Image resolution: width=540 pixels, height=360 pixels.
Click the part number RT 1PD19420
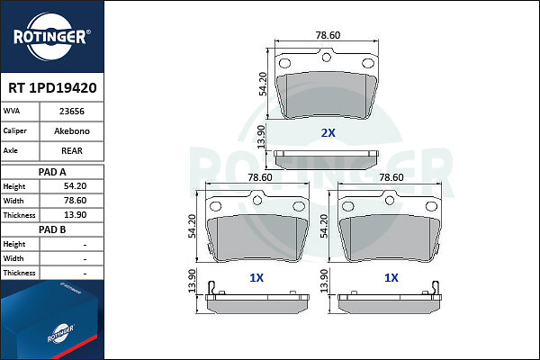coord(52,88)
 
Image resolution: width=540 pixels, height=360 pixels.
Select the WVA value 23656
coord(72,112)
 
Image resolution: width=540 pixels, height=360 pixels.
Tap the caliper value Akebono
coord(72,130)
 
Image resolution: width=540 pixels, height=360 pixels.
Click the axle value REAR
coord(72,151)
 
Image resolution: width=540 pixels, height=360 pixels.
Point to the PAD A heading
coord(52,172)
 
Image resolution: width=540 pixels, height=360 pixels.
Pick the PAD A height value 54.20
coord(75,186)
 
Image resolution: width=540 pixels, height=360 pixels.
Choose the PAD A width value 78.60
coord(75,201)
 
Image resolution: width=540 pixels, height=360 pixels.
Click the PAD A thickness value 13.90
coord(75,215)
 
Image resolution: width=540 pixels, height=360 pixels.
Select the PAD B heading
coord(52,229)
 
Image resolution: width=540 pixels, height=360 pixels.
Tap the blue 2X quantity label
coord(328,133)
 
